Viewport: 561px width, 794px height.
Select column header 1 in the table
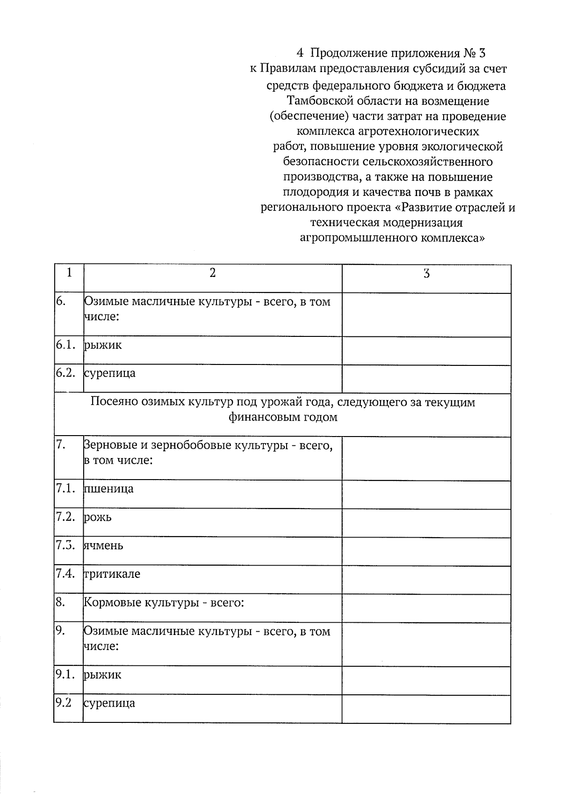pyautogui.click(x=69, y=273)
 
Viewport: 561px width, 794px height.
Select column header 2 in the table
pyautogui.click(x=213, y=273)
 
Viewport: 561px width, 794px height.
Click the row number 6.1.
pyautogui.click(x=65, y=345)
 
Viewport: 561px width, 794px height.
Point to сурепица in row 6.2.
pyautogui.click(x=110, y=373)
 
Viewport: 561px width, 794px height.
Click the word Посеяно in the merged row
pyautogui.click(x=113, y=402)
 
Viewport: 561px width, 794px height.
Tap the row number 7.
pyautogui.click(x=60, y=445)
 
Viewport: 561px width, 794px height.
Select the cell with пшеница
pyautogui.click(x=109, y=489)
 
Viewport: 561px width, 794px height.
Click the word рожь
pyautogui.click(x=98, y=517)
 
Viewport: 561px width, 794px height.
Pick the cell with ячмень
pyautogui.click(x=104, y=546)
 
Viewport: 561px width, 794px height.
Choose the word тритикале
pyautogui.click(x=112, y=574)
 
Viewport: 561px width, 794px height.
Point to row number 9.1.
pyautogui.click(x=65, y=675)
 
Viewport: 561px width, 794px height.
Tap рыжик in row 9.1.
pyautogui.click(x=103, y=675)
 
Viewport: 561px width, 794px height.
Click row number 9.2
pyautogui.click(x=64, y=703)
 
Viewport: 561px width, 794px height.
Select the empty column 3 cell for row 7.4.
pyautogui.click(x=426, y=580)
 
